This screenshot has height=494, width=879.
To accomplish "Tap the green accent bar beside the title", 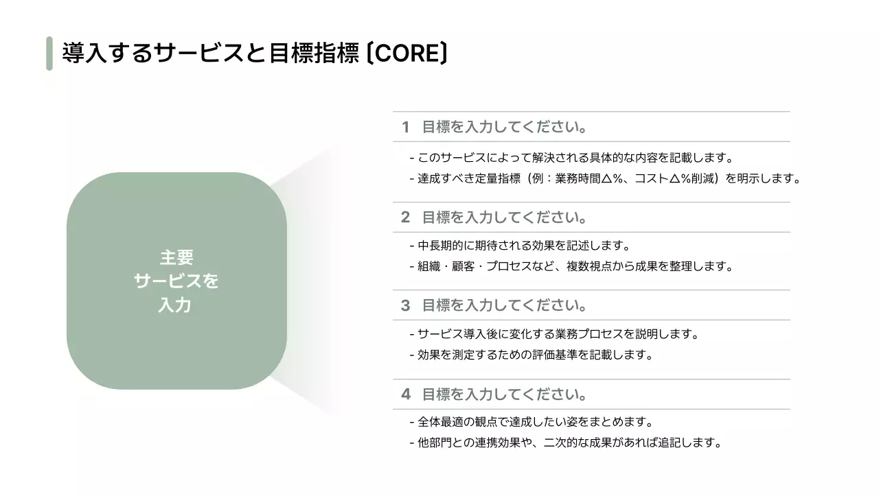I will (x=49, y=54).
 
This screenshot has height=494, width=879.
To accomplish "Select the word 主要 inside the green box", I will (x=176, y=258).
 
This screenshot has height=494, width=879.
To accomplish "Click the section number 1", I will (x=405, y=127).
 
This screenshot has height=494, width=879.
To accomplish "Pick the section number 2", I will (x=405, y=217).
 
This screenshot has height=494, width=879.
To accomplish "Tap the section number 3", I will (x=405, y=305).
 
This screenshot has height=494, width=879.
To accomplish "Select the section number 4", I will (x=405, y=395).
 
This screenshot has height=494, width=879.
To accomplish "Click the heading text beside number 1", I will (x=504, y=127).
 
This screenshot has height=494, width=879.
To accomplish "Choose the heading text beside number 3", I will (x=504, y=305).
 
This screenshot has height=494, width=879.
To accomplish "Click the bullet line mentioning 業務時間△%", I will (x=606, y=178).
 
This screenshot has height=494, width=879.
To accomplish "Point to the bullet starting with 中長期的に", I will (x=520, y=246).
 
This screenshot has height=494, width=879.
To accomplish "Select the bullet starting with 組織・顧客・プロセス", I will (x=571, y=266).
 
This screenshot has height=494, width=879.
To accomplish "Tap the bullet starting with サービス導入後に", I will (x=554, y=334).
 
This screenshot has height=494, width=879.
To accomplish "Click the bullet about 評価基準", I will (x=531, y=355).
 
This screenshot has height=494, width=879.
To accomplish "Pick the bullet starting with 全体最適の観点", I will (x=531, y=422).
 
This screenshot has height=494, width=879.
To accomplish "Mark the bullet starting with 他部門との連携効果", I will (x=566, y=443).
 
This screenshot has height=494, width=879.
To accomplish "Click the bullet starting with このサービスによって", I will (x=571, y=158).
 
